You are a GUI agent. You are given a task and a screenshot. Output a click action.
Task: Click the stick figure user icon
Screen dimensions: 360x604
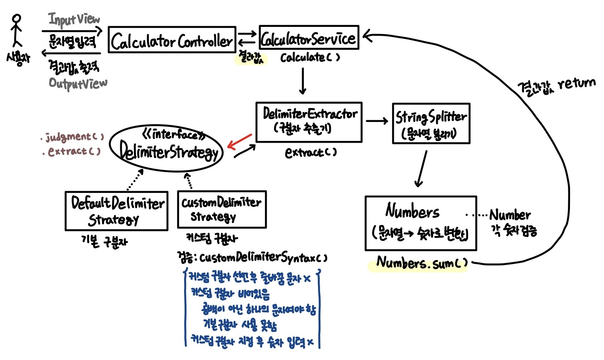coord(17,31)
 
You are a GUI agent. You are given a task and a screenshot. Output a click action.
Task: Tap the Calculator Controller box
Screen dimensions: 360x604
coord(172,40)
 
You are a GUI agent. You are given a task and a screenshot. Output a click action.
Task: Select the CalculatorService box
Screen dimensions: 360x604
coord(308,38)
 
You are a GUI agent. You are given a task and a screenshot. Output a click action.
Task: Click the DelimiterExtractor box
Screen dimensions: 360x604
coord(309,122)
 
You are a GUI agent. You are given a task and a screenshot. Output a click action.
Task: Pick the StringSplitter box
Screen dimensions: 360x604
coord(431,123)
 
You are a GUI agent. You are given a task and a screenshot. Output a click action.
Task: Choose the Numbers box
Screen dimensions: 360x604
coord(420,223)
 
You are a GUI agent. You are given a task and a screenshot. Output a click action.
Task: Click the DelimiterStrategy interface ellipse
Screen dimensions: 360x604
coord(167,147)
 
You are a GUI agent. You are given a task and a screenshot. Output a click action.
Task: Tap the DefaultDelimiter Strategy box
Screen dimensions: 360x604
coord(116,211)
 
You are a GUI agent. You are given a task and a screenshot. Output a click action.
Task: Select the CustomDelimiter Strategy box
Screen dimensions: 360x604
coord(221,209)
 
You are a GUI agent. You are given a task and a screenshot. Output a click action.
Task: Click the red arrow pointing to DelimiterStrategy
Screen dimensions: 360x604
coord(239,141)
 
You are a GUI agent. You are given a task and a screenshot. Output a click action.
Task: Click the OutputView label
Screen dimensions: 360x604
coord(78,83)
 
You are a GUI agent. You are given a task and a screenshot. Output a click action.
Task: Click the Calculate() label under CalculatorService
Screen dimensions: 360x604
coord(310,57)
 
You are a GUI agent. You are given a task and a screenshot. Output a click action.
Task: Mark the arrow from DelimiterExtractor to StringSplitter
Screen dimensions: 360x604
coord(377,121)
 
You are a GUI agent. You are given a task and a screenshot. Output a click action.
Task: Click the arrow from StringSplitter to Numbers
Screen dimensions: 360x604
coord(421,169)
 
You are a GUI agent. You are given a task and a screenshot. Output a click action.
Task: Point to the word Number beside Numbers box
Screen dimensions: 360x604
coord(509,215)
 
